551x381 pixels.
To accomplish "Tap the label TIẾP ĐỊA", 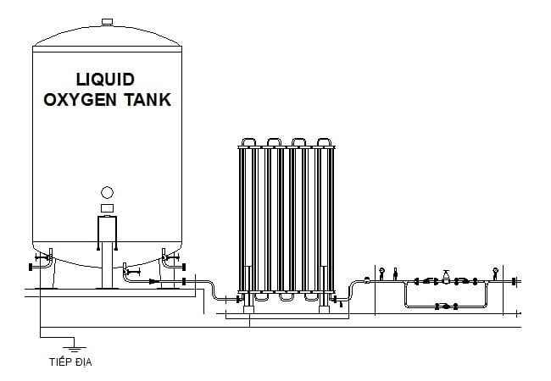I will coord(71,363).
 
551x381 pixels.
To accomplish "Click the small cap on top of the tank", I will coord(107,20).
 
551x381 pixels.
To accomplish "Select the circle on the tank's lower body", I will coord(107,192).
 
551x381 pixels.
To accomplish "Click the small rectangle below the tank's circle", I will coord(107,207).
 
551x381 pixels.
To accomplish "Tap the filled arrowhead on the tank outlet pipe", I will coord(154,280).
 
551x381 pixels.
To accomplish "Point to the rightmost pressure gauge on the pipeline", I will coord(494,272).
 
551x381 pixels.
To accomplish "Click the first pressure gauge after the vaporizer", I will coord(382,272).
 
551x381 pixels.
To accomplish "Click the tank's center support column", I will coord(107,254).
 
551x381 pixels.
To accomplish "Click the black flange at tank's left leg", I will coord(31,268).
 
